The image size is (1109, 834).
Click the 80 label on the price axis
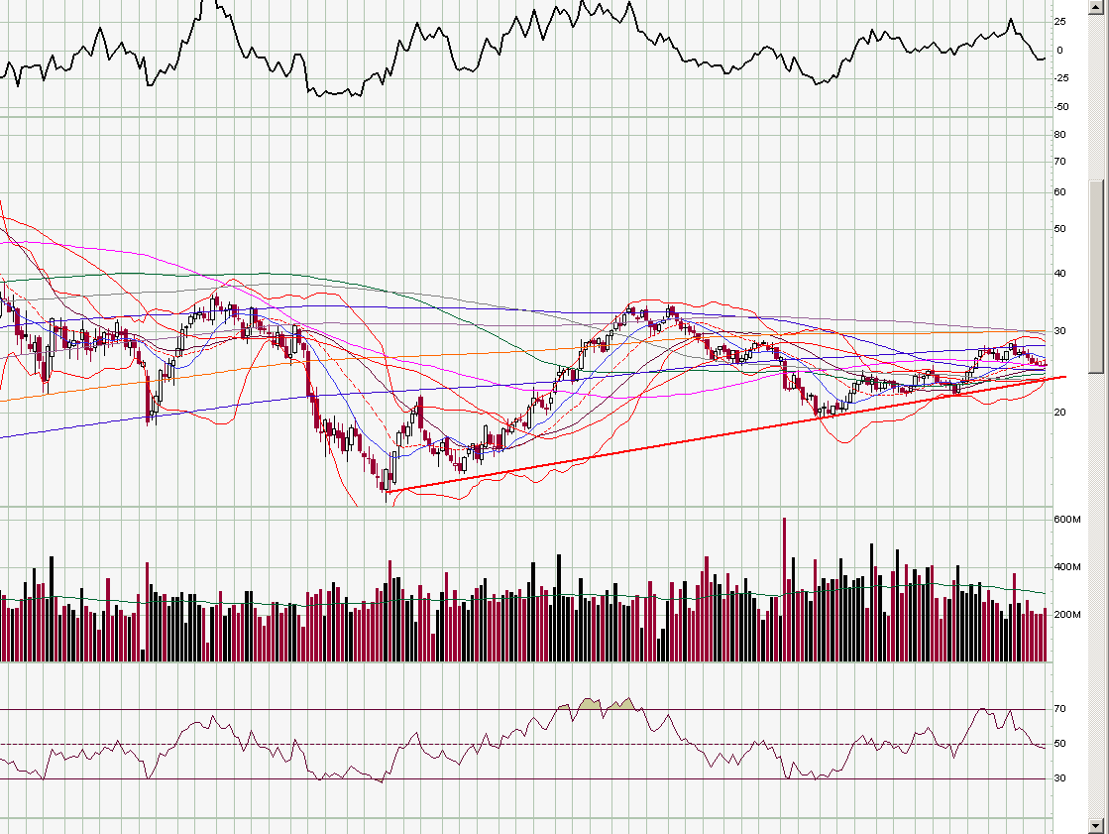point(1060,134)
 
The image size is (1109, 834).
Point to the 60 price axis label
point(1060,192)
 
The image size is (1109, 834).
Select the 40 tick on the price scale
point(1060,274)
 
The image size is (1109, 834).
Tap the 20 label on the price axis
point(1060,412)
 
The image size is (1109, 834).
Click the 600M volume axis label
point(1065,520)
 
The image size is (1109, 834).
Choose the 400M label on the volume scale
point(1065,567)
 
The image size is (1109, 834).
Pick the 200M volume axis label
point(1065,615)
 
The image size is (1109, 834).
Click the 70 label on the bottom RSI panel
point(1060,709)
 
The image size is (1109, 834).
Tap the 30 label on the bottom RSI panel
point(1060,778)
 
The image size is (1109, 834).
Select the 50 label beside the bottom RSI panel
point(1060,744)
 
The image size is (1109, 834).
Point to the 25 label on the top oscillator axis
point(1060,21)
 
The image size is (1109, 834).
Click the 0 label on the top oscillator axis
point(1059,50)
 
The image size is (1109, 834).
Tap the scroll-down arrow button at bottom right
point(1095,825)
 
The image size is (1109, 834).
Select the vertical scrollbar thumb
point(1095,277)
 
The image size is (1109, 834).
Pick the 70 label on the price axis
point(1060,161)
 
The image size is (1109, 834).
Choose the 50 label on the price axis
point(1060,229)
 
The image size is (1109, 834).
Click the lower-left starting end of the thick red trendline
point(387,492)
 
